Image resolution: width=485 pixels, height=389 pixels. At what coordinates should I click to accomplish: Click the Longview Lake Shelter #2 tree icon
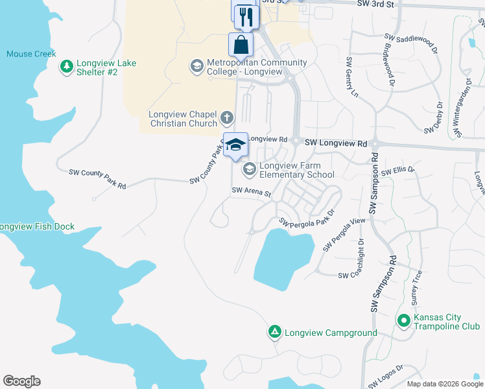66,66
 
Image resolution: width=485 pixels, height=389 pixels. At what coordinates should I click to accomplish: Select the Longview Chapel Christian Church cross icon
226,118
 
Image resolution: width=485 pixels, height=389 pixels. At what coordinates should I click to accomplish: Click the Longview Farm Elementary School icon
248,169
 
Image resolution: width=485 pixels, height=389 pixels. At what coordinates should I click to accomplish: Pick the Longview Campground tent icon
274,333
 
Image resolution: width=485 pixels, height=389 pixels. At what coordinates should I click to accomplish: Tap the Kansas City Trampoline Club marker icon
403,321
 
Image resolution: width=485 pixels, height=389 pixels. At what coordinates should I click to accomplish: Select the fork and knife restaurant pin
246,16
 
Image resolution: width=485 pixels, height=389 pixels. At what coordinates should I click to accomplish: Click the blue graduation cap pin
235,144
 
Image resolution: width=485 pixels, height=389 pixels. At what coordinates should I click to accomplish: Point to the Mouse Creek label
31,54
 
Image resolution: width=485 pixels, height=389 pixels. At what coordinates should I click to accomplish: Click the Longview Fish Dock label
37,227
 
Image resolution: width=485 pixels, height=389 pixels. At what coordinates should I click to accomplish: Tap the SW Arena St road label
252,193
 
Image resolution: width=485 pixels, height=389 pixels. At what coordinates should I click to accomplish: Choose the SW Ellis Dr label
397,172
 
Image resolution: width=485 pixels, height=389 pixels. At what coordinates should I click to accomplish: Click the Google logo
21,381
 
